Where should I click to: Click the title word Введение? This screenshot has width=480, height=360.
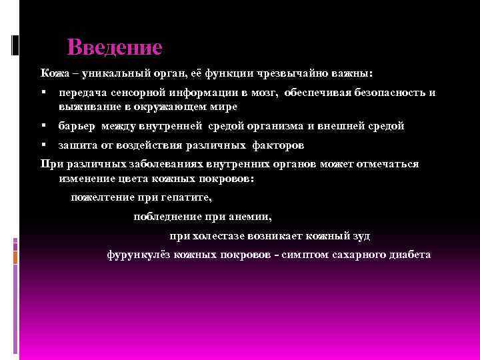click(x=115, y=48)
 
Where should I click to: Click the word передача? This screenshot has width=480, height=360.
click(x=82, y=93)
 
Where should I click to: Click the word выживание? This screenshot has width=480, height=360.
click(x=84, y=107)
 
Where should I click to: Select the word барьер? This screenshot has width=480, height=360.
click(x=76, y=125)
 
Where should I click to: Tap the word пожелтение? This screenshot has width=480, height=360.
click(x=100, y=197)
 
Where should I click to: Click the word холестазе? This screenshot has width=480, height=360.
click(x=218, y=235)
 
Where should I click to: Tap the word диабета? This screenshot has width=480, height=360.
click(x=411, y=255)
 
